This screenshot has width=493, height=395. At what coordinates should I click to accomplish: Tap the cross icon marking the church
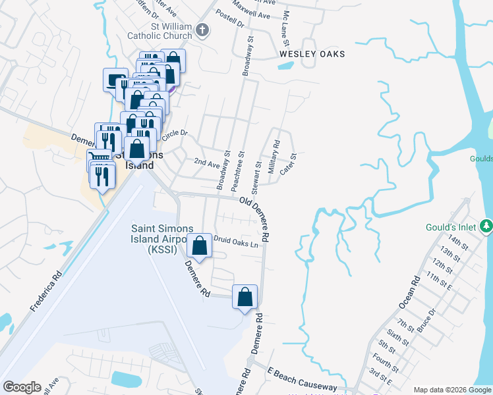click(x=202, y=30)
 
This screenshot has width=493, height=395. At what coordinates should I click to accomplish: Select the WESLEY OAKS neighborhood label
click(x=312, y=53)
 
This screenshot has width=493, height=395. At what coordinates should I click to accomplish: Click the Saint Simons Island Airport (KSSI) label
click(x=161, y=238)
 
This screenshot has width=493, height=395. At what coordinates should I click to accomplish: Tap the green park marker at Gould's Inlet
click(x=486, y=226)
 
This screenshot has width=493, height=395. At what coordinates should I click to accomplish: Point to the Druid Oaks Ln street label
click(x=234, y=242)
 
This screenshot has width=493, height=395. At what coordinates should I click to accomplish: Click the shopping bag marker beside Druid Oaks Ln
click(x=199, y=246)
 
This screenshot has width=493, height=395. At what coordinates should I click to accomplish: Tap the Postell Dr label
click(x=231, y=24)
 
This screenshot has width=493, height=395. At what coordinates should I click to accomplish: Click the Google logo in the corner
click(x=22, y=387)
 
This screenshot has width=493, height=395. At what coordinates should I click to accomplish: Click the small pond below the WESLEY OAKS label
click(x=286, y=65)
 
